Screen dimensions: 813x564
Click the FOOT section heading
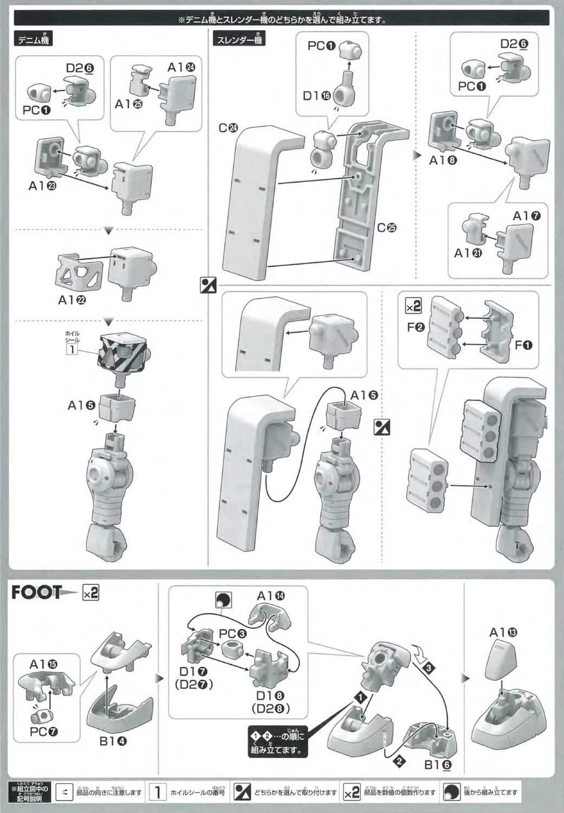pos(37,592)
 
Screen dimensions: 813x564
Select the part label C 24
pos(229,128)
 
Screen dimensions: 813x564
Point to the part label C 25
pos(387,228)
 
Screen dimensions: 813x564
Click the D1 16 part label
pos(317,96)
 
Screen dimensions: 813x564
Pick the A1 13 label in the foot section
pos(503,633)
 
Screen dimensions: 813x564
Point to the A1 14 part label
pos(271,596)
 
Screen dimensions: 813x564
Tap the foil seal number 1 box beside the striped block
pos(71,349)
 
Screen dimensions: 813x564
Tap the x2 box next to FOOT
pos(90,593)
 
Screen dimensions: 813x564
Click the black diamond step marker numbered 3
pos(429,668)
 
